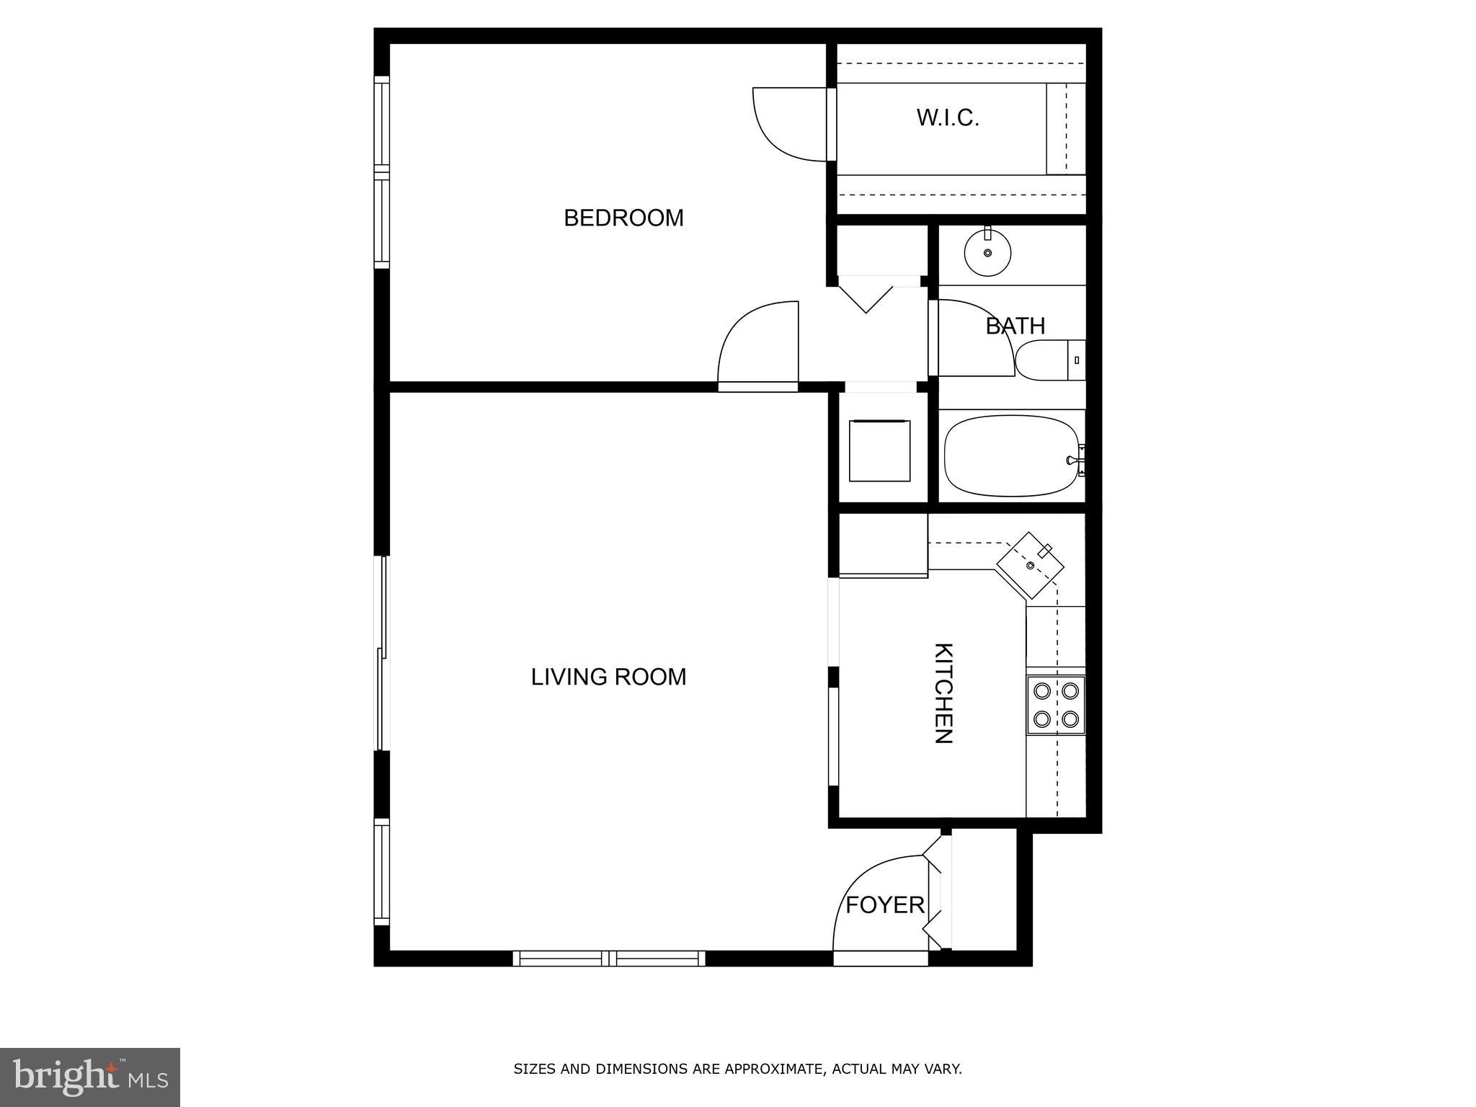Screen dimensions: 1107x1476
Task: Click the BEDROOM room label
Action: (623, 218)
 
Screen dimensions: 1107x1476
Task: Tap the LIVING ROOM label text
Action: (608, 677)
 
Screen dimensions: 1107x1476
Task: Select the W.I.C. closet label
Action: (948, 118)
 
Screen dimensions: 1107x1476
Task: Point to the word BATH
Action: (1015, 326)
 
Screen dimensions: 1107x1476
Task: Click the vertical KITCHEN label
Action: (943, 693)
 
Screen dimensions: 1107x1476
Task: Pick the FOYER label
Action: (884, 905)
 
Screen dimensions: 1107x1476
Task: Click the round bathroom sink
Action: (987, 253)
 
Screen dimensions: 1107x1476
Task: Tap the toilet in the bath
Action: (1049, 360)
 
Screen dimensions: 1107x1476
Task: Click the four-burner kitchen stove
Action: (1056, 705)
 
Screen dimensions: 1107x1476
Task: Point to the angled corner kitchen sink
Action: (1031, 566)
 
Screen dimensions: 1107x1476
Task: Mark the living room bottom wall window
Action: (609, 958)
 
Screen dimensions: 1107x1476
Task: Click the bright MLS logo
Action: (90, 1077)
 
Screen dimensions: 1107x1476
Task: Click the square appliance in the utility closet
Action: (879, 451)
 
